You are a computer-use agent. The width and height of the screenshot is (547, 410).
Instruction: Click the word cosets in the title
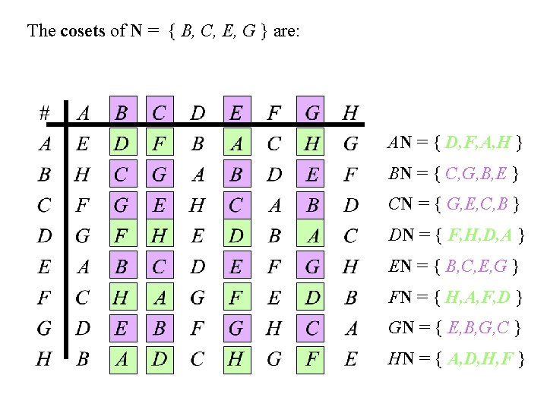pos(79,31)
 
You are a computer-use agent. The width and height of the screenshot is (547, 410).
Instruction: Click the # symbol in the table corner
pos(44,112)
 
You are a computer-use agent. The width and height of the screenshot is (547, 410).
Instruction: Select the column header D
pos(198,112)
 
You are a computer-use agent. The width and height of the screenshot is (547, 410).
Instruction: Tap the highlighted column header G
pos(312,112)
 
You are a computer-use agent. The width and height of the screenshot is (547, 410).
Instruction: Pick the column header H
pos(350,112)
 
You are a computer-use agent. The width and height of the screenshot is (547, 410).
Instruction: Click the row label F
pos(44,298)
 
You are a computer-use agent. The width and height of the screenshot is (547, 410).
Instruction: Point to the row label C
pos(44,205)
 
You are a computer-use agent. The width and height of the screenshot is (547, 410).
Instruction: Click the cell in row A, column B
pos(121,143)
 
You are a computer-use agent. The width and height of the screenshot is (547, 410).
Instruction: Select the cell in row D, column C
pos(160,236)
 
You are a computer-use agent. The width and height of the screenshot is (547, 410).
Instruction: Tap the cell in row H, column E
pos(236,359)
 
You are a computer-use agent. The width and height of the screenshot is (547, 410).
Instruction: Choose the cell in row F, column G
pos(312,298)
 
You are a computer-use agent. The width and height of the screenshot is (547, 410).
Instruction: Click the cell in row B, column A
pos(82,175)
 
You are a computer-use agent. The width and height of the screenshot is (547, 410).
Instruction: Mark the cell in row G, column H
pos(350,329)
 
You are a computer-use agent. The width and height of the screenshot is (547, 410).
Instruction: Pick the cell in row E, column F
pos(274,266)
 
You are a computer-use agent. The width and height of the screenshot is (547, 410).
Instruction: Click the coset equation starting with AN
pos(454,143)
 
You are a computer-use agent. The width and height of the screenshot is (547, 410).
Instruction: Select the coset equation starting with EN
pos(454,266)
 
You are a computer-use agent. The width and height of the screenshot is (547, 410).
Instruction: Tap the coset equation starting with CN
pos(454,205)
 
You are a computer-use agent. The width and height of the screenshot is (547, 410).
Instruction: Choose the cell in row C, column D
pos(198,205)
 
